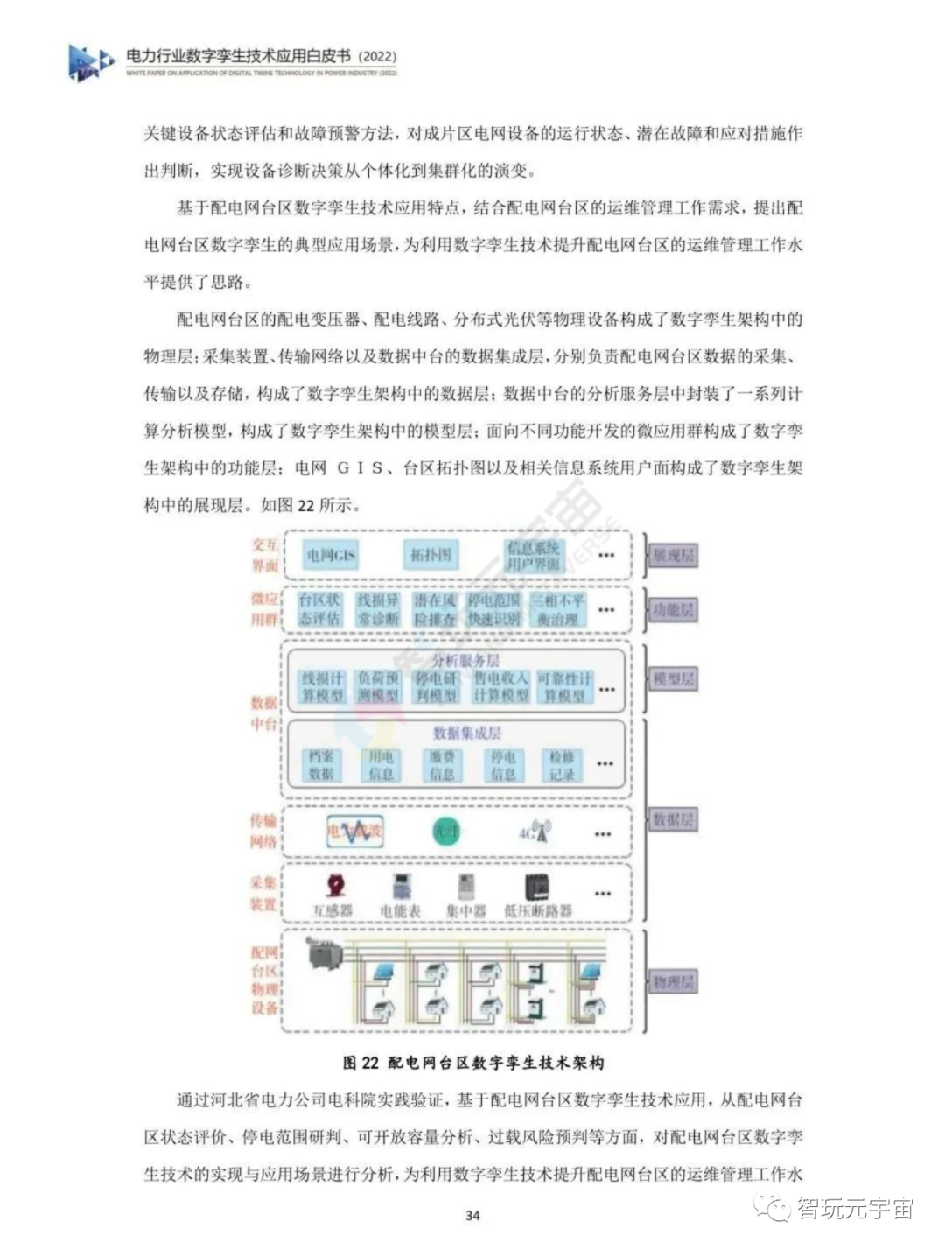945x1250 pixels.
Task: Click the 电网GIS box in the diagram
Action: pyautogui.click(x=331, y=555)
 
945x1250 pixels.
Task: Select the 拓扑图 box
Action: pyautogui.click(x=431, y=555)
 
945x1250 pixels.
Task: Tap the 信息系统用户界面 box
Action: pyautogui.click(x=534, y=556)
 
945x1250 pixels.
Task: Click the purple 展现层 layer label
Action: pyautogui.click(x=673, y=555)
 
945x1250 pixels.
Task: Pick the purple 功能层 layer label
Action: pyautogui.click(x=673, y=610)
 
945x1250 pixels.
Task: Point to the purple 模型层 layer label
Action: pyautogui.click(x=673, y=679)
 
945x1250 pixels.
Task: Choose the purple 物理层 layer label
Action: pyautogui.click(x=673, y=981)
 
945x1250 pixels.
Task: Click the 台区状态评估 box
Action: pyautogui.click(x=319, y=609)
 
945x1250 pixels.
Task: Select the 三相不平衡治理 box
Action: pyautogui.click(x=558, y=609)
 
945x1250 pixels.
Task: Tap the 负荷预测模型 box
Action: pyautogui.click(x=378, y=686)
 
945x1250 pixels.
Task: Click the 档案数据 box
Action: pyautogui.click(x=321, y=765)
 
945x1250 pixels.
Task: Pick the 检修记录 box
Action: pyautogui.click(x=562, y=765)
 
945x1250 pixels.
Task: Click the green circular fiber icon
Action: pyautogui.click(x=446, y=832)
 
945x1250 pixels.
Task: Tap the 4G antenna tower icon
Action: pyautogui.click(x=536, y=832)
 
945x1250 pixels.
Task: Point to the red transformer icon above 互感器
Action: pyautogui.click(x=334, y=886)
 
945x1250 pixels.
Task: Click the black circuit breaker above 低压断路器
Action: pyautogui.click(x=536, y=887)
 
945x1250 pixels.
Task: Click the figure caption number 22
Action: pyautogui.click(x=369, y=1063)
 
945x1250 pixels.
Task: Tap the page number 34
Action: pyautogui.click(x=472, y=1215)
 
